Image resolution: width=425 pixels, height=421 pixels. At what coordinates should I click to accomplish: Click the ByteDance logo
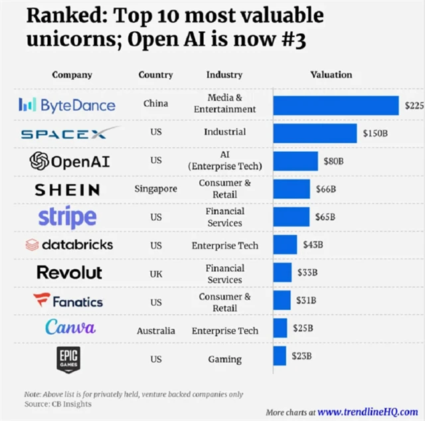[67, 104]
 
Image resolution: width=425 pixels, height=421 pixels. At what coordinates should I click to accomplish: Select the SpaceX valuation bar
[314, 133]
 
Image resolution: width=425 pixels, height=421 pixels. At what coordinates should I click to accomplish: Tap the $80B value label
[333, 161]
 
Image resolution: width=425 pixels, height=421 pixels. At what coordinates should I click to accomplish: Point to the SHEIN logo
[67, 190]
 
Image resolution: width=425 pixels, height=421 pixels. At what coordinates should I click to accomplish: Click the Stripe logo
[67, 217]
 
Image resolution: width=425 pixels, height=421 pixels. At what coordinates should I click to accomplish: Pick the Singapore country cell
[155, 189]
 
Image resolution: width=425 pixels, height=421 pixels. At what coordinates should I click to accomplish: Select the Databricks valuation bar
[285, 245]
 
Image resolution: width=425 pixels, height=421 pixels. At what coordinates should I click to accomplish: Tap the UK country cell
[155, 274]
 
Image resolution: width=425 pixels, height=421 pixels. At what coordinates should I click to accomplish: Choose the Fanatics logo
[68, 302]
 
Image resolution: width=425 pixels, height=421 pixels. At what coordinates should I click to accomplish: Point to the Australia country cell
[155, 331]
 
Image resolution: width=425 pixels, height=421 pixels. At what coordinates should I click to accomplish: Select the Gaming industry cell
[224, 359]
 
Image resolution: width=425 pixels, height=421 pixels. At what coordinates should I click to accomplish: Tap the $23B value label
[302, 356]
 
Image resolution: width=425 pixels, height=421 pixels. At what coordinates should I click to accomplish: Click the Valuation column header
[331, 75]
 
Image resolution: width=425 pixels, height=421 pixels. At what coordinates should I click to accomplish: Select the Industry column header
[224, 75]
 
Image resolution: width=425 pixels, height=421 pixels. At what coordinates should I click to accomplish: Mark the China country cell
[155, 104]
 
